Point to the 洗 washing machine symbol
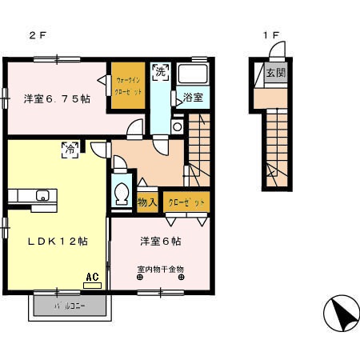point(160,72)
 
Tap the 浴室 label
point(192,98)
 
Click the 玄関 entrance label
point(275,74)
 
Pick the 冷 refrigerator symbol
point(70,149)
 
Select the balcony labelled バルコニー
point(70,306)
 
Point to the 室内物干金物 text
point(160,269)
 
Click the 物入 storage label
point(146,202)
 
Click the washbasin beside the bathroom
point(177,126)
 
